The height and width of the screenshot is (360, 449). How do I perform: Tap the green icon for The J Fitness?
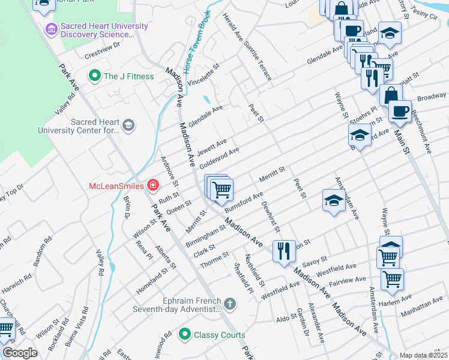click(x=94, y=76)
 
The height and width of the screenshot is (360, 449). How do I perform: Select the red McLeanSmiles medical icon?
click(x=154, y=185)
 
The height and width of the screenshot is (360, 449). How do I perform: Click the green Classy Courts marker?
click(x=185, y=334)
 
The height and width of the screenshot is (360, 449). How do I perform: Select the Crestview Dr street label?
click(x=103, y=50)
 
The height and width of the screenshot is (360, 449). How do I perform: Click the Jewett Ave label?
click(x=213, y=148)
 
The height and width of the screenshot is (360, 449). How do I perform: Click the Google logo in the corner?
click(x=20, y=353)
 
